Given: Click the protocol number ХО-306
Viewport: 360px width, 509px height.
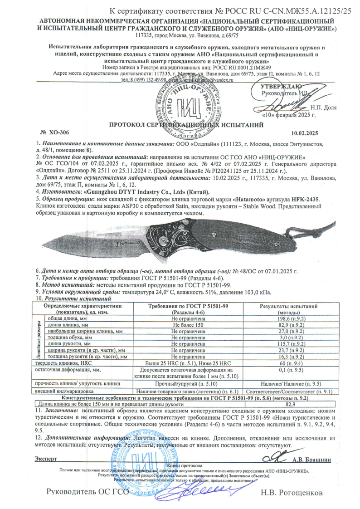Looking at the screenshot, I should pos(59,132).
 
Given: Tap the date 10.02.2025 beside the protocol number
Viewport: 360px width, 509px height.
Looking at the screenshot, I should pos(304,133).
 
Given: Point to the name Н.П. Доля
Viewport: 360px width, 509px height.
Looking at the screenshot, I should pos(324,108).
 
